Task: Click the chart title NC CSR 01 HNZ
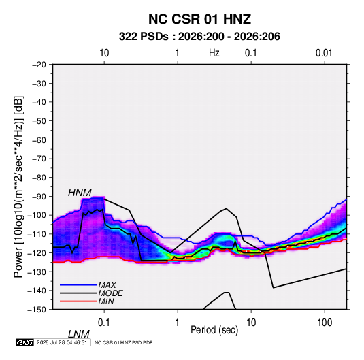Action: (x=199, y=19)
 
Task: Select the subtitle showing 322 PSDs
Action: (x=199, y=37)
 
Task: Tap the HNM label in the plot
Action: (x=80, y=193)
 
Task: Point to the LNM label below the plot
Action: (x=78, y=334)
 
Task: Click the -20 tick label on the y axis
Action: (x=39, y=65)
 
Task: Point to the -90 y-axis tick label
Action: (x=39, y=196)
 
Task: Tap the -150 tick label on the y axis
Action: (x=37, y=310)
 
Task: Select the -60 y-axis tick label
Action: (x=39, y=140)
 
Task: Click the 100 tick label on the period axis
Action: (x=325, y=323)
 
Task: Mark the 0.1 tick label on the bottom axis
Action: (x=104, y=323)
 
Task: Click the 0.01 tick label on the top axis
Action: (x=324, y=53)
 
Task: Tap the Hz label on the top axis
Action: (x=214, y=53)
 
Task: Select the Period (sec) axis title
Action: (x=214, y=330)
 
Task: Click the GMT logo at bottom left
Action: (x=25, y=342)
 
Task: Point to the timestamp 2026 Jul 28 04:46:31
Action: (x=62, y=342)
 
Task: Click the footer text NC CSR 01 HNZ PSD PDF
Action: (x=124, y=342)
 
